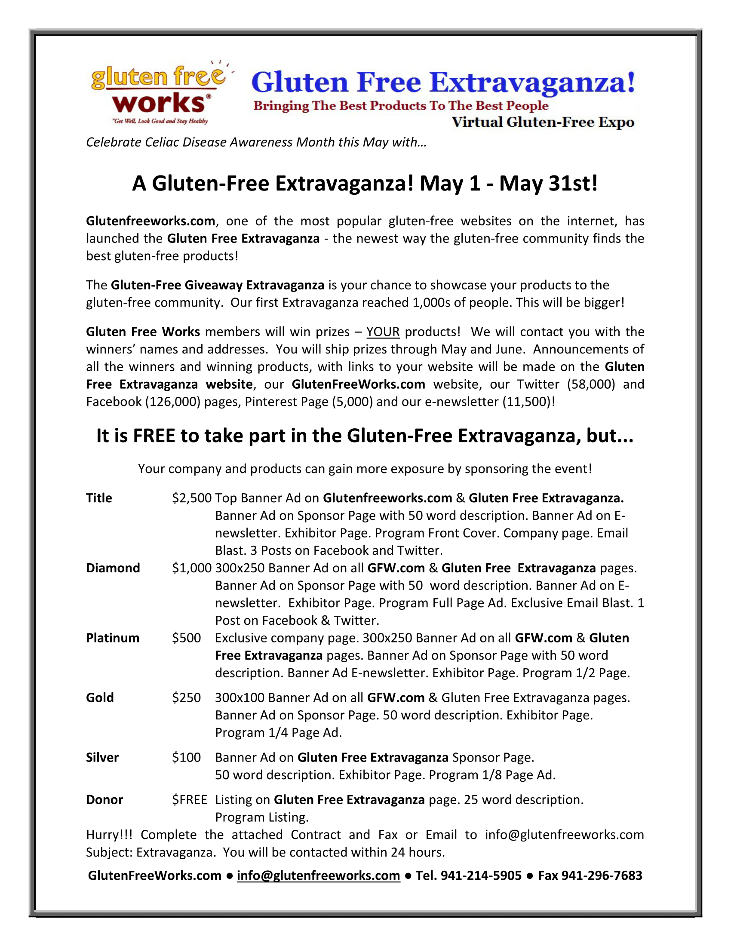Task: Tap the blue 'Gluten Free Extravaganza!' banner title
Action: (443, 82)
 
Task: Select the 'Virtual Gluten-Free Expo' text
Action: (543, 122)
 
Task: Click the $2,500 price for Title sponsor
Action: (191, 498)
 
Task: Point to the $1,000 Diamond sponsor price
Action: (191, 568)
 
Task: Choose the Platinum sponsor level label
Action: (113, 638)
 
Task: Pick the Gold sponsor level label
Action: (100, 697)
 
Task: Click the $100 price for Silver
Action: (186, 757)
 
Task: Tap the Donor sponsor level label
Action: (104, 799)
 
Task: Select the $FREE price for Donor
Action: (189, 799)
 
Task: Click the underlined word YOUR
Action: (383, 332)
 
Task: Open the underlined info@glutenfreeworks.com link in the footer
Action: (318, 875)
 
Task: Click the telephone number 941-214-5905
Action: (481, 875)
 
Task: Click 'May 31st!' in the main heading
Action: (548, 183)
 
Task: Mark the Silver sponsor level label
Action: (102, 757)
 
